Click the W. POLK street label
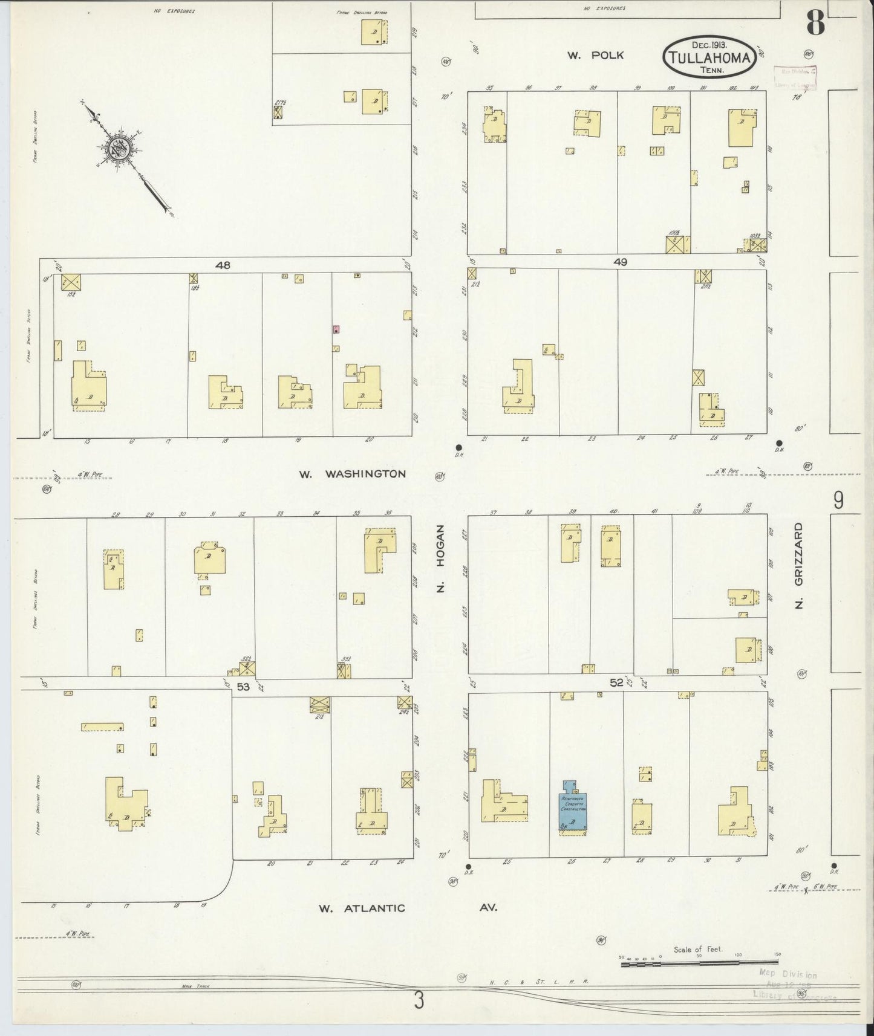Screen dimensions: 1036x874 (595, 56)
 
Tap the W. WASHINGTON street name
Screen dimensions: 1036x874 (352, 474)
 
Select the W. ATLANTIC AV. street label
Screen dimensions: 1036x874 (408, 908)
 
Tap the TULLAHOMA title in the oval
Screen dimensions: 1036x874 (709, 59)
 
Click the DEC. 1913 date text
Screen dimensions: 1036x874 (710, 44)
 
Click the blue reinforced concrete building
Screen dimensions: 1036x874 (572, 808)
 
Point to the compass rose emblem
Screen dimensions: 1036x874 (118, 147)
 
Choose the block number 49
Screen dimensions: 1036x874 (620, 262)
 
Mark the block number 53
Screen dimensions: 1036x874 (243, 687)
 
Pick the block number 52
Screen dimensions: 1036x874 (616, 682)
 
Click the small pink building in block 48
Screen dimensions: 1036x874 (336, 329)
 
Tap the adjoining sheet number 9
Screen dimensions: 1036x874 (838, 500)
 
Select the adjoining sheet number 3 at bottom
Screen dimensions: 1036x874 (419, 1001)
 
